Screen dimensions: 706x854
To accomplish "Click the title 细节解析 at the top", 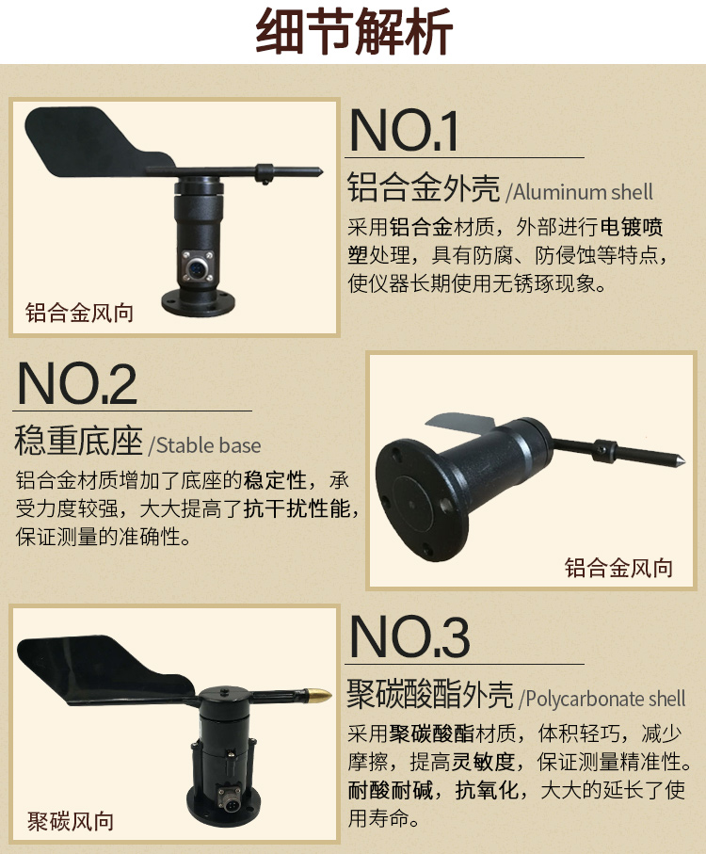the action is click(354, 31).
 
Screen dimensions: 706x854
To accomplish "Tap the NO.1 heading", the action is click(403, 130).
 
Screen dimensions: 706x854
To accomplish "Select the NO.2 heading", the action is click(76, 383).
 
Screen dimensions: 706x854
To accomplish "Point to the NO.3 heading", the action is click(409, 636).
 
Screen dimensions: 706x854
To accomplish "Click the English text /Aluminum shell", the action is click(579, 192).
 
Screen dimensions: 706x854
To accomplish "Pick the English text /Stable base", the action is click(204, 445).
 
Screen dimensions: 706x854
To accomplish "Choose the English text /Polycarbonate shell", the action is click(602, 699).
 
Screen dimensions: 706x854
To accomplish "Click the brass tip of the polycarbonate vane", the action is click(319, 695).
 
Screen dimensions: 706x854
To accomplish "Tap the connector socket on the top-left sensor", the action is click(197, 268).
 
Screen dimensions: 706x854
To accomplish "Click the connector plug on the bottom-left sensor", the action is click(227, 797).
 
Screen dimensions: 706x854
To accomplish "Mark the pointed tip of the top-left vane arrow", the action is click(322, 172).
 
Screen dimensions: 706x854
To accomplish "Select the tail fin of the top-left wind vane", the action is click(98, 142).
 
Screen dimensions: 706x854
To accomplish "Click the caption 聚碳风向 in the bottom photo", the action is click(71, 821).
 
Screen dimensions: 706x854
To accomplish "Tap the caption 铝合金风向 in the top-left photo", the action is click(79, 313).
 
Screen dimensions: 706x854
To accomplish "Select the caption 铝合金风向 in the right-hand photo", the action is click(618, 568).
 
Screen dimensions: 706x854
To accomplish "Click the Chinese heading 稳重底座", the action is click(79, 441).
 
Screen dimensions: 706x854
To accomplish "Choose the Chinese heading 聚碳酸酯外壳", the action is click(430, 694).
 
